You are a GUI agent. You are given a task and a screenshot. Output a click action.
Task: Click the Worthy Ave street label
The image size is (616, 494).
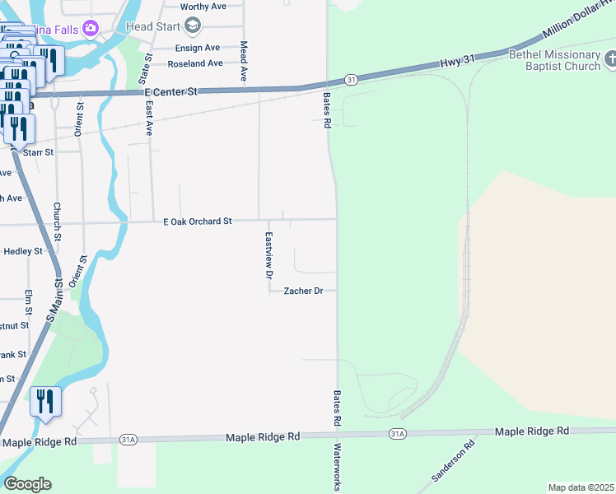click(x=203, y=7)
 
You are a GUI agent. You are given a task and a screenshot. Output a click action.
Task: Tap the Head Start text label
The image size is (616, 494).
click(x=151, y=26)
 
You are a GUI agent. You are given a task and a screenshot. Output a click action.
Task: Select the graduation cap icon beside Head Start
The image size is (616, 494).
click(x=193, y=26)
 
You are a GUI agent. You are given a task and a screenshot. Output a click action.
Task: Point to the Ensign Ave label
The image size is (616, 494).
click(x=197, y=48)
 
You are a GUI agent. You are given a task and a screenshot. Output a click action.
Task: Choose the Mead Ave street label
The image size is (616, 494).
click(x=244, y=60)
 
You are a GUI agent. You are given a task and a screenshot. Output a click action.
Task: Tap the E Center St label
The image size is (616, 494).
click(x=171, y=92)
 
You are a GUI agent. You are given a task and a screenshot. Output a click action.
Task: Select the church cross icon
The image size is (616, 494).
click(x=610, y=59)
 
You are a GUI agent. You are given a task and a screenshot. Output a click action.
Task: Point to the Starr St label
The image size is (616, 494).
click(x=38, y=152)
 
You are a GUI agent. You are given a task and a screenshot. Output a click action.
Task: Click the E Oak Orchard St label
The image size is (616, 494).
click(x=198, y=221)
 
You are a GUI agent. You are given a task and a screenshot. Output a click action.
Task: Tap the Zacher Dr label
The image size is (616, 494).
click(x=303, y=291)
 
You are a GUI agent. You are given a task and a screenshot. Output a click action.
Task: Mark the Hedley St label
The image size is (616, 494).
click(x=23, y=251)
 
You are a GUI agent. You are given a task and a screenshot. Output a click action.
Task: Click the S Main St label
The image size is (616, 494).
click(x=54, y=301)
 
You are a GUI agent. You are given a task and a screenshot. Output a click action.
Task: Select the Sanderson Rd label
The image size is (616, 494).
click(x=454, y=462)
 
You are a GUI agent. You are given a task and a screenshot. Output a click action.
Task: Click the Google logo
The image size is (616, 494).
click(x=27, y=484)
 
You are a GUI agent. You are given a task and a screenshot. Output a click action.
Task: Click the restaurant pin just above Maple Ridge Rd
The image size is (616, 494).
click(x=45, y=401)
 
